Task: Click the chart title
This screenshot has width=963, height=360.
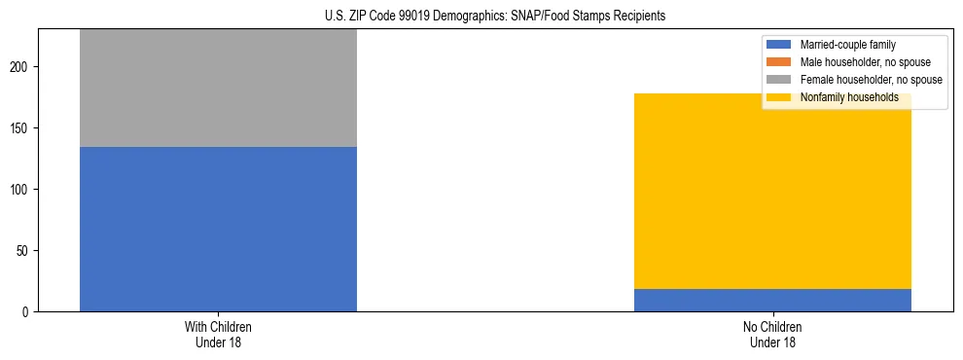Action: pos(495,17)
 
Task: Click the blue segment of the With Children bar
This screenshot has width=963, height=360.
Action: pos(218,229)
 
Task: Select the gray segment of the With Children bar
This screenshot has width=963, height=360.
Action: pos(218,88)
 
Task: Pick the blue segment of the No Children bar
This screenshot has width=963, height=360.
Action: pos(772,301)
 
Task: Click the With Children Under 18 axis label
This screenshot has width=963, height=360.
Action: pos(218,334)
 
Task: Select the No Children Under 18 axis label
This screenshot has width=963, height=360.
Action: pos(772,334)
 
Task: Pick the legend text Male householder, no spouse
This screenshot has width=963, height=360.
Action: pos(858,62)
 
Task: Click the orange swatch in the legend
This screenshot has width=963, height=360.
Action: pos(779,62)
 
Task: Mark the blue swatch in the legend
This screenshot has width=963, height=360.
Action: pos(779,45)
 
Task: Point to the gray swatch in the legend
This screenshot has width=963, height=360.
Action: pos(779,80)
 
